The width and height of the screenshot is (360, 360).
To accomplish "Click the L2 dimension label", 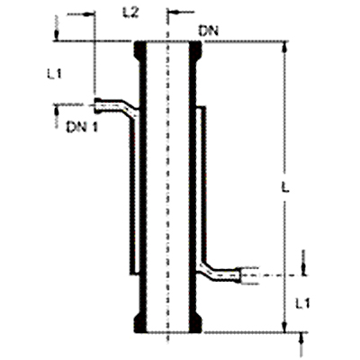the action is click(x=130, y=13).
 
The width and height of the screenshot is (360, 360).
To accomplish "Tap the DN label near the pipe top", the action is click(x=208, y=31).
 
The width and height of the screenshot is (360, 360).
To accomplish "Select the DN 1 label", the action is click(x=82, y=128).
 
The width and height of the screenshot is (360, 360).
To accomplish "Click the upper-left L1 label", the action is click(x=54, y=74).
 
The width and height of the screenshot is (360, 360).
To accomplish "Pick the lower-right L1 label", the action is click(x=302, y=303).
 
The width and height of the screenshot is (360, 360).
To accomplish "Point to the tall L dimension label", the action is click(x=285, y=188).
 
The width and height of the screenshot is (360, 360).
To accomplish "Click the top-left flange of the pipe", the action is click(x=139, y=51).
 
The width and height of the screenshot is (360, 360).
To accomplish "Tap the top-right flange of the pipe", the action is click(x=195, y=51).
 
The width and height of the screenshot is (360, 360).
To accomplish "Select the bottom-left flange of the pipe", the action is click(x=139, y=322).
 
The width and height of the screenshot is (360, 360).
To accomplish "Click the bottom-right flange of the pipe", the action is click(x=195, y=322).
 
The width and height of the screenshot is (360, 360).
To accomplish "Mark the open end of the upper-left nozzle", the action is click(x=96, y=105).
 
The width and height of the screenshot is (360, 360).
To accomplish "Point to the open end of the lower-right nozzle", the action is click(x=238, y=274).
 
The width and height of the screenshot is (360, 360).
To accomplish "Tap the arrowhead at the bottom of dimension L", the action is click(x=284, y=327).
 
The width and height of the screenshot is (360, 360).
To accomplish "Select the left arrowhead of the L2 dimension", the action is click(x=88, y=13).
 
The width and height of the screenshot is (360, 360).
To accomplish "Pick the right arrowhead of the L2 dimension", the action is click(x=175, y=13).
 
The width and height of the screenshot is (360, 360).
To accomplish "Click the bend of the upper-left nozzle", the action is click(x=128, y=108).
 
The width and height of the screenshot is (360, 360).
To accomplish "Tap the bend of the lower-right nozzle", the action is click(x=208, y=268).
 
